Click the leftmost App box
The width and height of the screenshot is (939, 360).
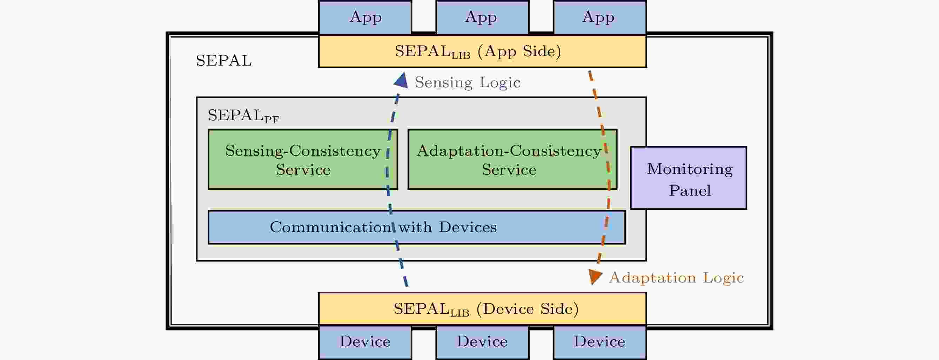click(x=365, y=17)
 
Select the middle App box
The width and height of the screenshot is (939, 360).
click(x=482, y=17)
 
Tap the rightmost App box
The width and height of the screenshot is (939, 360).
click(x=599, y=17)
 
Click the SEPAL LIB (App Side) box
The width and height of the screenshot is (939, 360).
click(x=482, y=52)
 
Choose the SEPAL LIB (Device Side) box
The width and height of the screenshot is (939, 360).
click(x=482, y=308)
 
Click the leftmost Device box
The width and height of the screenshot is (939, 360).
click(x=365, y=342)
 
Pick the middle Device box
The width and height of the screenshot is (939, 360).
click(x=482, y=342)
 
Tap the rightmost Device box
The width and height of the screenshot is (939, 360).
click(x=599, y=342)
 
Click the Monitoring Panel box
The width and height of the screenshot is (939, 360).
click(x=688, y=178)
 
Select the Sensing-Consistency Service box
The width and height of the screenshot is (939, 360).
click(x=303, y=159)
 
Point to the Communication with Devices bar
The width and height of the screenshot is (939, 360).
click(x=416, y=227)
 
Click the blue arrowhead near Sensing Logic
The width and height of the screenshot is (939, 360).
click(x=401, y=81)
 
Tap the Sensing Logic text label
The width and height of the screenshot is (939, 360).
click(x=467, y=83)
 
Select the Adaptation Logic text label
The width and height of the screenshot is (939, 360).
click(x=676, y=278)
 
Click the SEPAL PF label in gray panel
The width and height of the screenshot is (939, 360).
click(x=243, y=116)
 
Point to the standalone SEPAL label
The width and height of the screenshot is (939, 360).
click(x=223, y=61)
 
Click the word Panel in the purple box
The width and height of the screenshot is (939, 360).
click(x=690, y=191)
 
